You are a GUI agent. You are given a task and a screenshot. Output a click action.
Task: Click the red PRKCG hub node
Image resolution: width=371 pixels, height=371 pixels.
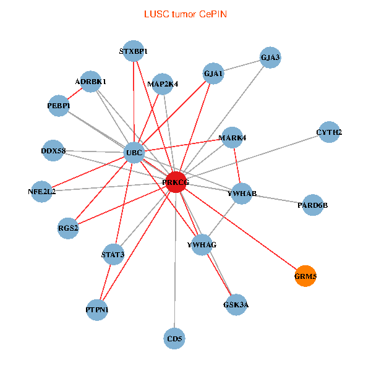point(176,182)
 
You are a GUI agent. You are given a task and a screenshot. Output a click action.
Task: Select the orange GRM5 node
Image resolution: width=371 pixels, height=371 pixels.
point(306,276)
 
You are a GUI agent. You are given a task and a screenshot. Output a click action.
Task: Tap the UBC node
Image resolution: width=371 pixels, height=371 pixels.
point(134,152)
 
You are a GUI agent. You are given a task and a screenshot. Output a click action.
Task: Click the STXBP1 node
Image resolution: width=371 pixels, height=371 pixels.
point(134,51)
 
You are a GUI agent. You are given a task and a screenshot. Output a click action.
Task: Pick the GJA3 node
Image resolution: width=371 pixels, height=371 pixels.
point(270,58)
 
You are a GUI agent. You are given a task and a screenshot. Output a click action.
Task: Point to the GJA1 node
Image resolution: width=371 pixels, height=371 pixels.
point(213,74)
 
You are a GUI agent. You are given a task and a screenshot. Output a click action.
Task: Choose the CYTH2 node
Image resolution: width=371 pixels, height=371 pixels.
point(329,132)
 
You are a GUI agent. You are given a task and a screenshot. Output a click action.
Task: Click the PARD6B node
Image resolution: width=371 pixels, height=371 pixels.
point(312,205)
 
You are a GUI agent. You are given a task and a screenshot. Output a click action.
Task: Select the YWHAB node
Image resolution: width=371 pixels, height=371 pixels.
point(242,194)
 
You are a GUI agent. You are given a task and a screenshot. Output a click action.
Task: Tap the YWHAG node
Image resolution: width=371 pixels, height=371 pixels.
point(202,245)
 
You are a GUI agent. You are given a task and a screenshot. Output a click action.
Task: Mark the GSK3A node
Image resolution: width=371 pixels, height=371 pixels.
point(236,304)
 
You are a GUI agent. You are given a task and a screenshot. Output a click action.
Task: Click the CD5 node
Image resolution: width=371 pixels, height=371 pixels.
point(175,338)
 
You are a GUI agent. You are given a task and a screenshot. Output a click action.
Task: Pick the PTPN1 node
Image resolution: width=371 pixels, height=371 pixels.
point(97,309)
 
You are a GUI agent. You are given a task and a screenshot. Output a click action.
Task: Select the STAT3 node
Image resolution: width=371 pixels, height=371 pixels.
point(113,254)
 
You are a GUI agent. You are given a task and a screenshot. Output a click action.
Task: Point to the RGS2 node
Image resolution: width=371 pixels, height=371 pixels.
point(69,228)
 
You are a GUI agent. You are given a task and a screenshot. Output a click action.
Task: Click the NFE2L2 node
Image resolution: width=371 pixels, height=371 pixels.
point(42,192)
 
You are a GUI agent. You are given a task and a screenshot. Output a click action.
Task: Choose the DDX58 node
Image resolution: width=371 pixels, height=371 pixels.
point(53,150)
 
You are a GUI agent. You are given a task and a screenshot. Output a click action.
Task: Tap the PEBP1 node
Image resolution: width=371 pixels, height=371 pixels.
point(59,105)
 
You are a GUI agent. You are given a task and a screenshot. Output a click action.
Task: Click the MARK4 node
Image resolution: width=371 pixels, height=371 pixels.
point(232,137)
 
